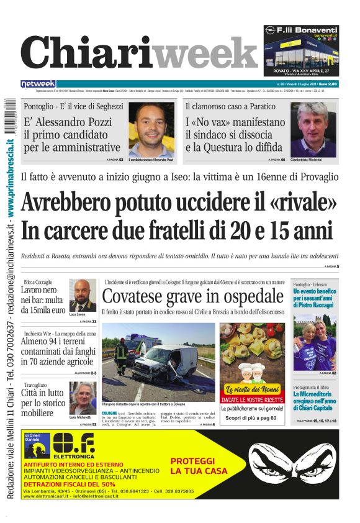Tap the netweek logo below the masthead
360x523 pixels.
point(38,84)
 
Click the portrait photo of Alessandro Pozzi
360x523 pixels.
point(151,129)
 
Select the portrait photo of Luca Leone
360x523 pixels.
point(82,295)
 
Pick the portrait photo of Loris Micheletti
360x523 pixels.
point(82,398)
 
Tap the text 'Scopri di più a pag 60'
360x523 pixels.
point(252,418)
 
